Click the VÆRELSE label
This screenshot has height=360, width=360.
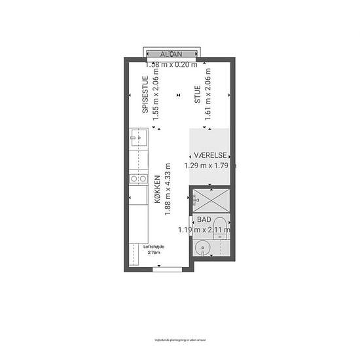(210, 155)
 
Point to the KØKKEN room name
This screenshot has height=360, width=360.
(158, 190)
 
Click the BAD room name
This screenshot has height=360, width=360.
(204, 221)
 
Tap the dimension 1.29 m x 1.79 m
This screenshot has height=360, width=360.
(209, 166)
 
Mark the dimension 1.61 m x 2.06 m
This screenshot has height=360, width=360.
(207, 98)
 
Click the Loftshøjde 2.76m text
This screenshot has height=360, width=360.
(154, 249)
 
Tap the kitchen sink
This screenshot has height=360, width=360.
(137, 138)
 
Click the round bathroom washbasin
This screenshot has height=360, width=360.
(203, 248)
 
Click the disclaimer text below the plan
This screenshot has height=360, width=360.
(179, 340)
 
